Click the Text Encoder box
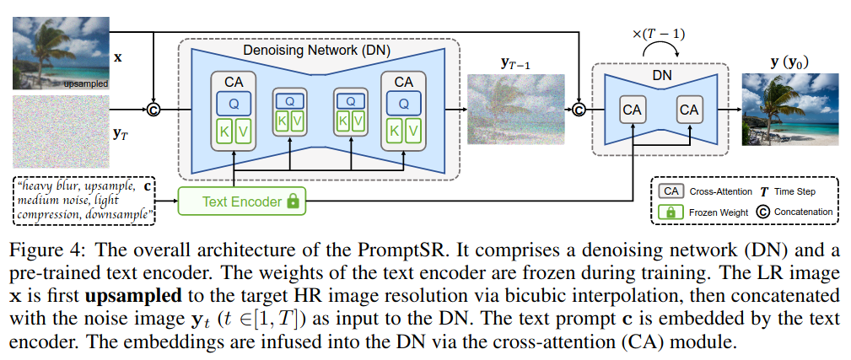pyautogui.click(x=242, y=202)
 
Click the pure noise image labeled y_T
pyautogui.click(x=56, y=132)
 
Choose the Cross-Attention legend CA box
pyautogui.click(x=670, y=191)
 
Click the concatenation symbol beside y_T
pyautogui.click(x=154, y=109)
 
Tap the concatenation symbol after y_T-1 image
pyautogui.click(x=579, y=109)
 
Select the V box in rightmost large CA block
pyautogui.click(x=412, y=132)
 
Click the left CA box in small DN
pyautogui.click(x=631, y=110)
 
